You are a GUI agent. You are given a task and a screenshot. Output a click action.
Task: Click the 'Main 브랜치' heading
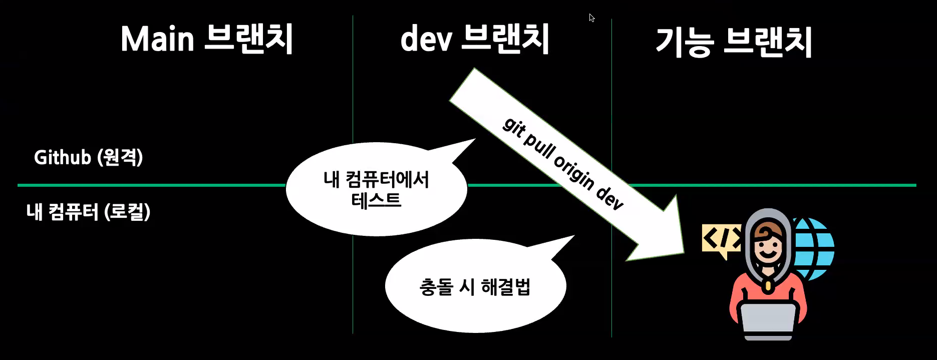click(206, 39)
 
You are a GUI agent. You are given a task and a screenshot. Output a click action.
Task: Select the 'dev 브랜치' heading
click(474, 39)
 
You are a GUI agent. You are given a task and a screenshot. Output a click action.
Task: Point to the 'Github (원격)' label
click(89, 157)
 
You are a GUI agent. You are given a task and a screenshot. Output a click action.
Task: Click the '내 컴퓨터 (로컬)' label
click(88, 212)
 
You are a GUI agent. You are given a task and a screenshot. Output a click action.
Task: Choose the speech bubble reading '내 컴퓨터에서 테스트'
click(376, 189)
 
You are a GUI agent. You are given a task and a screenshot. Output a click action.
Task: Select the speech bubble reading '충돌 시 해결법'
click(475, 286)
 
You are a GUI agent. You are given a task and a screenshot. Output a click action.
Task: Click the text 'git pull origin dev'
click(563, 163)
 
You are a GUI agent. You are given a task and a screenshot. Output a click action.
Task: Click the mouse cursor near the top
click(591, 18)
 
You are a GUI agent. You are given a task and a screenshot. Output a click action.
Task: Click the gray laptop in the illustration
click(768, 321)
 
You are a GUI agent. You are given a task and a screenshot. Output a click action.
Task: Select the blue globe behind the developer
click(814, 248)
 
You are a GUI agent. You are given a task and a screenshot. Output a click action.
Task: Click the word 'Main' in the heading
click(157, 39)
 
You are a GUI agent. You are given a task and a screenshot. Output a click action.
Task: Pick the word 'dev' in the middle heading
click(426, 39)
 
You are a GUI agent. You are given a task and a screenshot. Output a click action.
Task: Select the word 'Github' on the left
click(62, 157)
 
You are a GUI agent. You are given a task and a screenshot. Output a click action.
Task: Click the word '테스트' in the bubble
click(376, 201)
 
